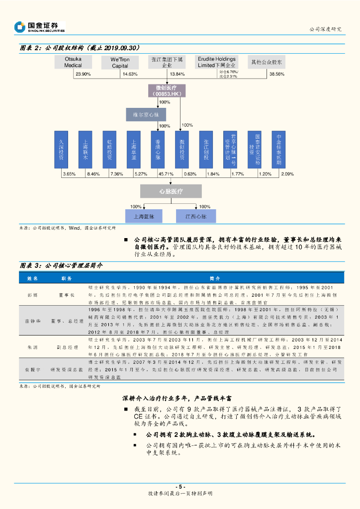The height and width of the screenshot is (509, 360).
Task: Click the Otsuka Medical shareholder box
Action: (73, 62)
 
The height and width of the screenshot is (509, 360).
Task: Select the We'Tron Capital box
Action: (120, 62)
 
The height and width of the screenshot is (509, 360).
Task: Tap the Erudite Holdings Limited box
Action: (216, 62)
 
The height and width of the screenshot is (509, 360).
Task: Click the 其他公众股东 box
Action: (267, 62)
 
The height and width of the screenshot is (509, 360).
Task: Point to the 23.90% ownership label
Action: (83, 74)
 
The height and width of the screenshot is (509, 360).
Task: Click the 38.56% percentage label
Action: (276, 74)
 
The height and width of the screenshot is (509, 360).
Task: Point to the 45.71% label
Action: (166, 174)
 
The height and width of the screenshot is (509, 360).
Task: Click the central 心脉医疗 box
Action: (171, 191)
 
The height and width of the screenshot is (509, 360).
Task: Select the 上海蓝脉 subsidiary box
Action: (144, 216)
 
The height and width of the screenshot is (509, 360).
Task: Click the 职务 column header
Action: (66, 278)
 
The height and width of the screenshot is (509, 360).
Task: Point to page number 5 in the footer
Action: (180, 486)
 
